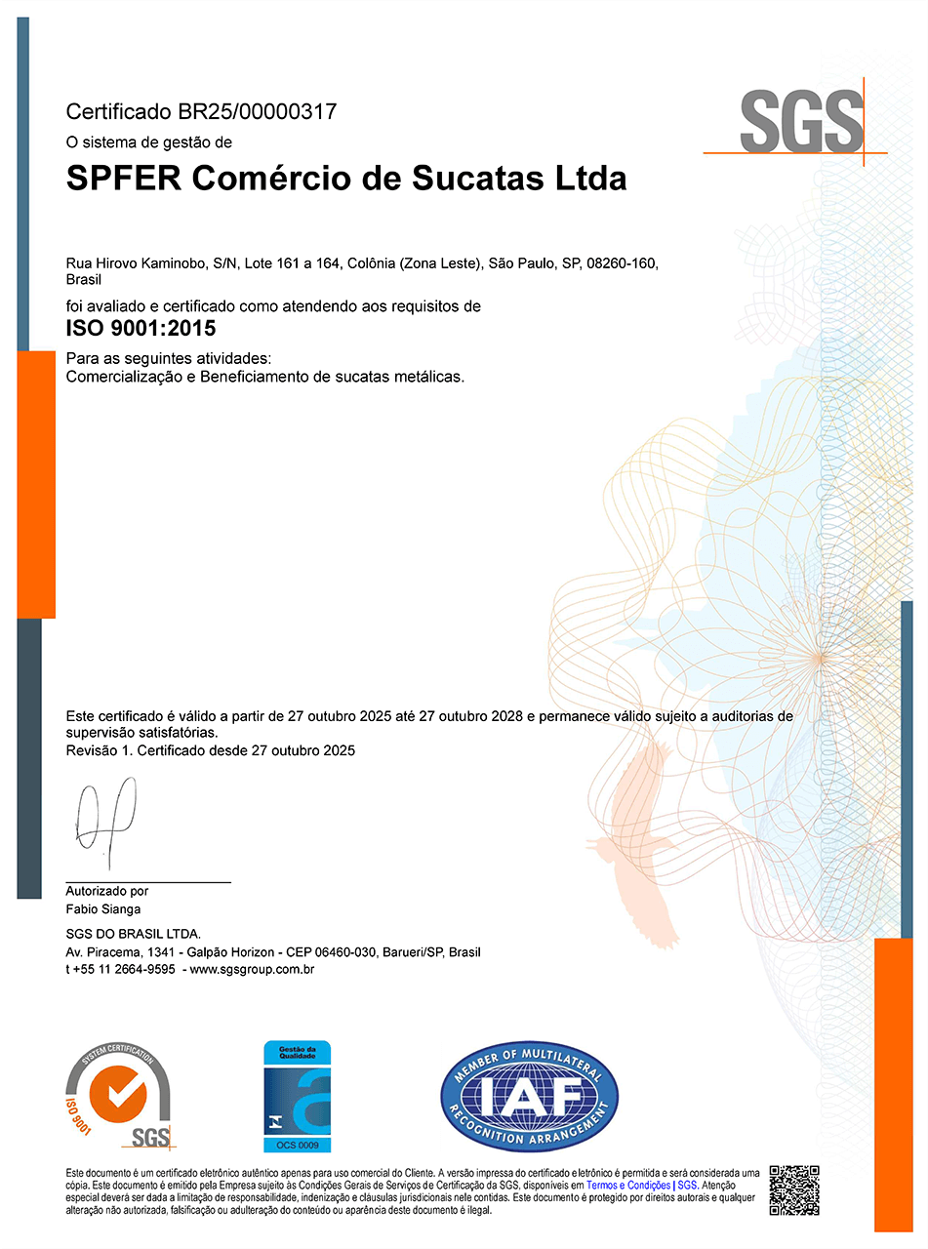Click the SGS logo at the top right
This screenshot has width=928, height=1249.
pyautogui.click(x=801, y=122)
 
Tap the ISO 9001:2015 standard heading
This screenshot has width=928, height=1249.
pyautogui.click(x=141, y=329)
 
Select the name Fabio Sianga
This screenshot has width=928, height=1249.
pyautogui.click(x=102, y=909)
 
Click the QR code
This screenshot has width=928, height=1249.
pyautogui.click(x=793, y=1190)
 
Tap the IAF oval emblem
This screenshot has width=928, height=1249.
pyautogui.click(x=529, y=1096)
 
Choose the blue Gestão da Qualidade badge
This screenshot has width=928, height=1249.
pyautogui.click(x=298, y=1096)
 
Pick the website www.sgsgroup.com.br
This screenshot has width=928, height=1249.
pyautogui.click(x=252, y=969)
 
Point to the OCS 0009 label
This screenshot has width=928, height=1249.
pyautogui.click(x=298, y=1145)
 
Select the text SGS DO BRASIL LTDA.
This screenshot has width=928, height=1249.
pyautogui.click(x=133, y=934)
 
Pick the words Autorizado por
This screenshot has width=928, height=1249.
pyautogui.click(x=106, y=891)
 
